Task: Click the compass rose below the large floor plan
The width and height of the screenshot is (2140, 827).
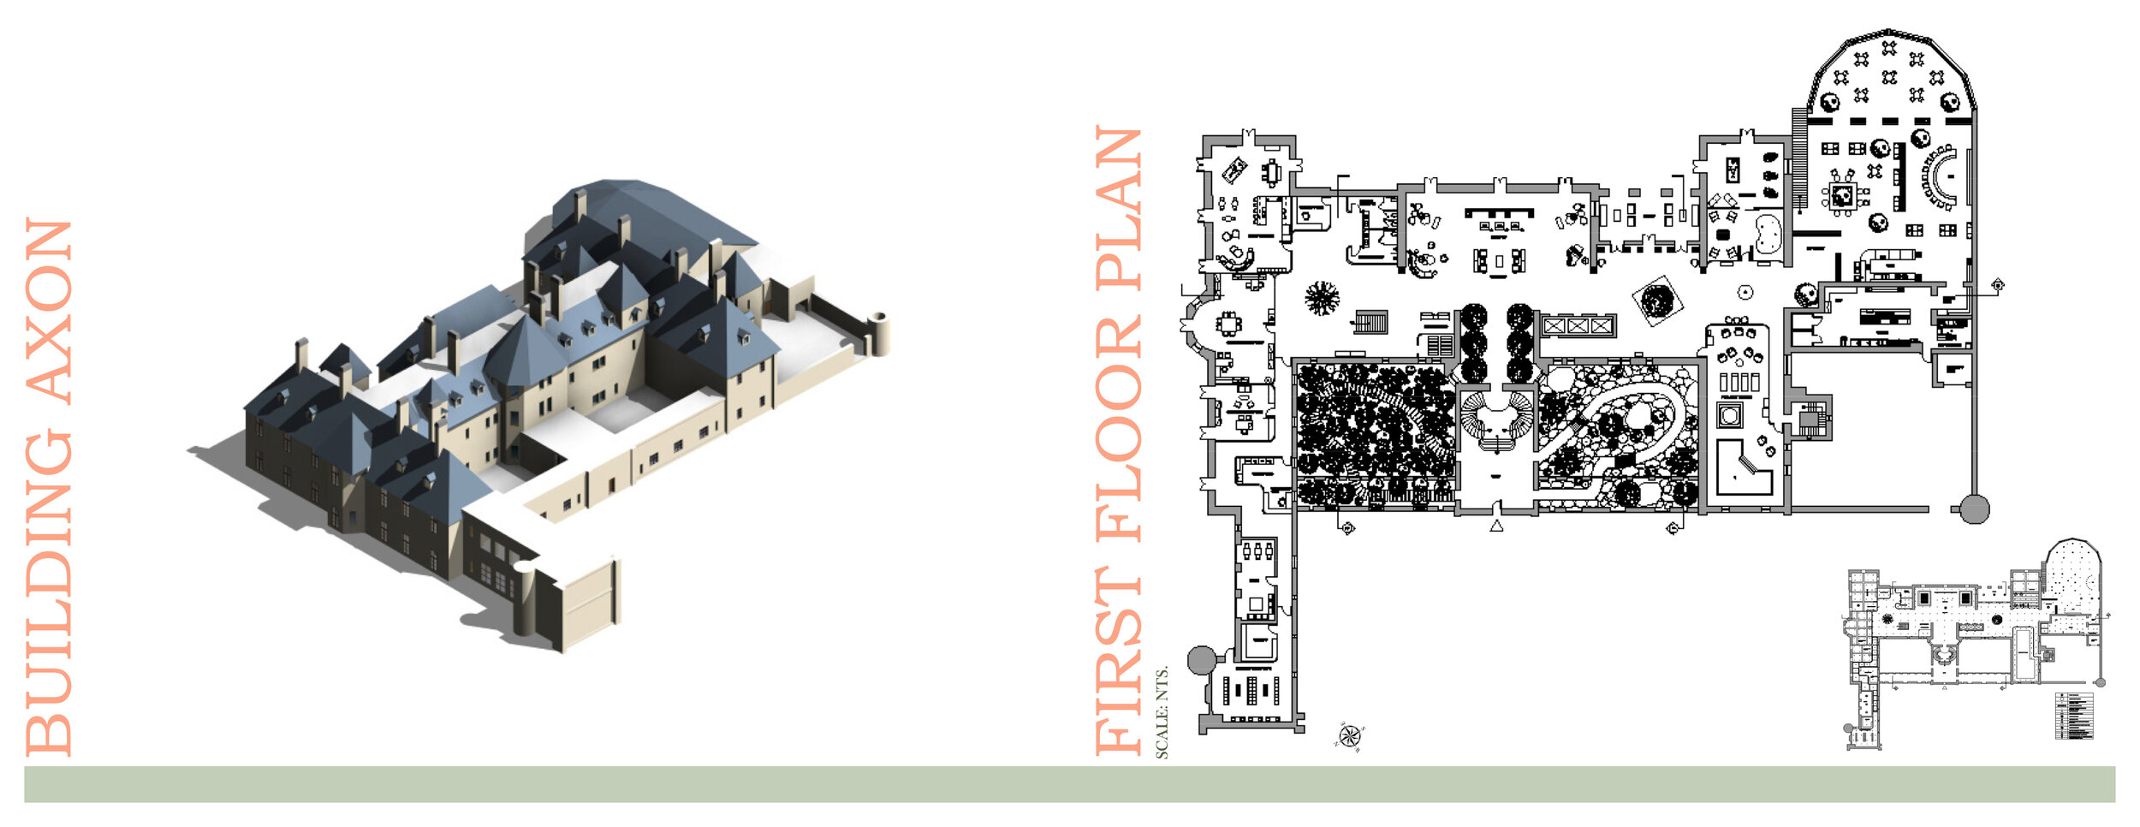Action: pyautogui.click(x=1349, y=736)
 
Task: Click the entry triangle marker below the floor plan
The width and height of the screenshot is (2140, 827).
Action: pyautogui.click(x=1496, y=526)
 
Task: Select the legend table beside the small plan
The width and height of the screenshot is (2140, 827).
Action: pyautogui.click(x=2073, y=715)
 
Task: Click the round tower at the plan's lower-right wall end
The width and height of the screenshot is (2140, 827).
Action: pyautogui.click(x=1974, y=509)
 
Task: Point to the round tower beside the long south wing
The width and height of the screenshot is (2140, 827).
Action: pyautogui.click(x=1201, y=660)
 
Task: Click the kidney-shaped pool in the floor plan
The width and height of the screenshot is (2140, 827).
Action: pyautogui.click(x=1768, y=234)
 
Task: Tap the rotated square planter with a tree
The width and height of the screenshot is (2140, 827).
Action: pyautogui.click(x=1657, y=300)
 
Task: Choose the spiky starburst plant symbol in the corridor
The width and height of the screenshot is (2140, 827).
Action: pyautogui.click(x=1322, y=298)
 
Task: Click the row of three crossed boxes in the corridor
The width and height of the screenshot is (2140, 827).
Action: pyautogui.click(x=1578, y=326)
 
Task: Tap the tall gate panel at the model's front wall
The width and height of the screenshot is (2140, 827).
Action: pyautogui.click(x=589, y=604)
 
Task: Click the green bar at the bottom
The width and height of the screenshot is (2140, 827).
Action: pyautogui.click(x=1070, y=784)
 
